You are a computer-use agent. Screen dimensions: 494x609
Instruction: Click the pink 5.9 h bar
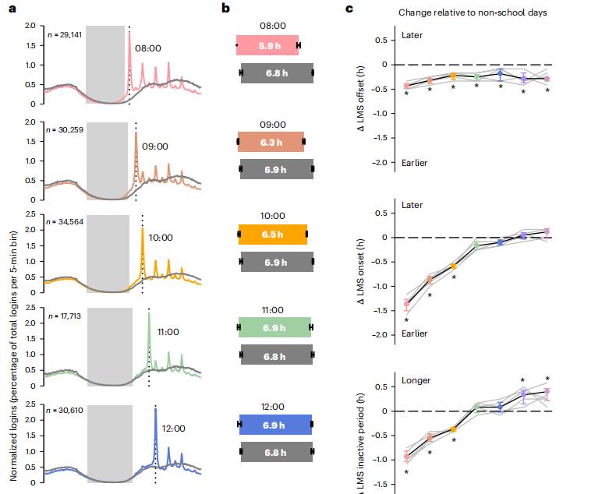(267, 45)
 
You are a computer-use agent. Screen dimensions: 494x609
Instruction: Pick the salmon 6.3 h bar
(271, 141)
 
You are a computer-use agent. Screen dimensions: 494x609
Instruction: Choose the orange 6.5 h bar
(272, 234)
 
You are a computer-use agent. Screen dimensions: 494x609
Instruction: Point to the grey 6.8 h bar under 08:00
(276, 73)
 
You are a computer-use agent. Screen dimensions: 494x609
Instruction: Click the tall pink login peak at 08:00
(129, 35)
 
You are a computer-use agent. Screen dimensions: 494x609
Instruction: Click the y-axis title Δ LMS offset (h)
(361, 99)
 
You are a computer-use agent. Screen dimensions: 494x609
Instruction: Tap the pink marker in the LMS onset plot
(406, 304)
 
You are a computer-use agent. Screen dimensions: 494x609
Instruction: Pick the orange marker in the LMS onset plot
(453, 266)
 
